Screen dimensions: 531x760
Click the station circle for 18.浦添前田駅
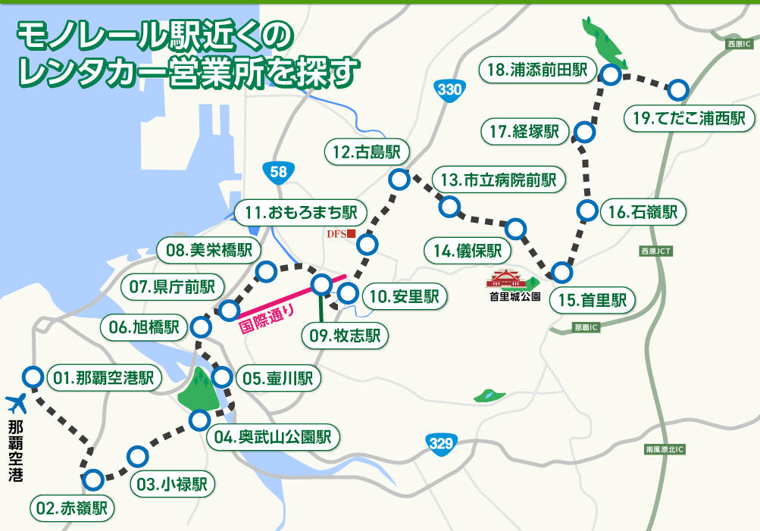point(610,75)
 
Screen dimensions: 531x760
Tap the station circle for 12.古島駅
point(398,180)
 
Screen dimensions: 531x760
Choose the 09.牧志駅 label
point(345,336)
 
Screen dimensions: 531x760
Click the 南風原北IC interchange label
point(665,450)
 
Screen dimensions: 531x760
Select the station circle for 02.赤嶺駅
point(93,479)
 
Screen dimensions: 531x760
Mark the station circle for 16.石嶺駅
point(587,211)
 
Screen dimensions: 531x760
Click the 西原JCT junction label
point(655,251)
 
